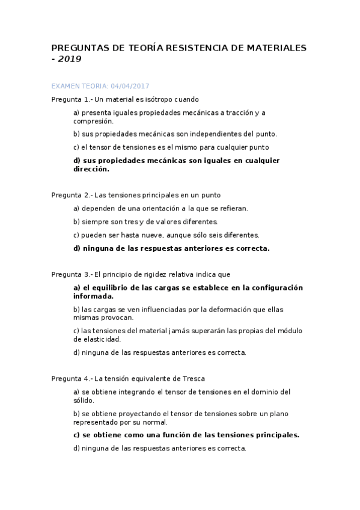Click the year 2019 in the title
pyautogui.click(x=70, y=59)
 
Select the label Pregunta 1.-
pyautogui.click(x=72, y=99)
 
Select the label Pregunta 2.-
pyautogui.click(x=72, y=195)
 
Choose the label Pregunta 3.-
pyautogui.click(x=72, y=274)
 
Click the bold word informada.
pyautogui.click(x=93, y=296)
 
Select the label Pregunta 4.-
pyautogui.click(x=72, y=378)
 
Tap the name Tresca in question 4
pyautogui.click(x=194, y=378)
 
